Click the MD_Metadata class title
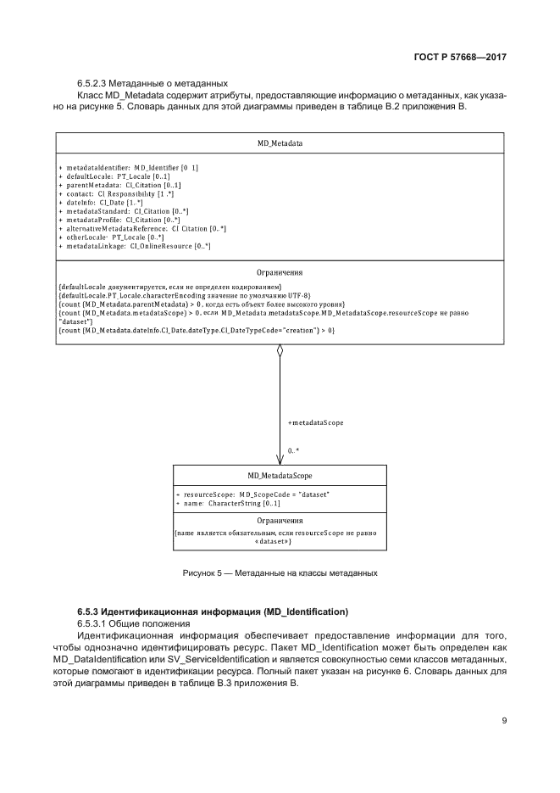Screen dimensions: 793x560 coord(280,144)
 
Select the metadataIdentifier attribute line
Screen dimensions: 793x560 coord(129,168)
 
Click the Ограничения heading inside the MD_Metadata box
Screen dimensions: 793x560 coord(280,273)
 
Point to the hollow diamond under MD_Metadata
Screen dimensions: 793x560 coord(280,351)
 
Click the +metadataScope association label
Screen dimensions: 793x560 coord(315,422)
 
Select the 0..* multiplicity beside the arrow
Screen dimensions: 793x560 coord(293,451)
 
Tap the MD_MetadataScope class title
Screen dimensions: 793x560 coord(280,477)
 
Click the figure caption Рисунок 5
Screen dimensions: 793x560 coord(280,574)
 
